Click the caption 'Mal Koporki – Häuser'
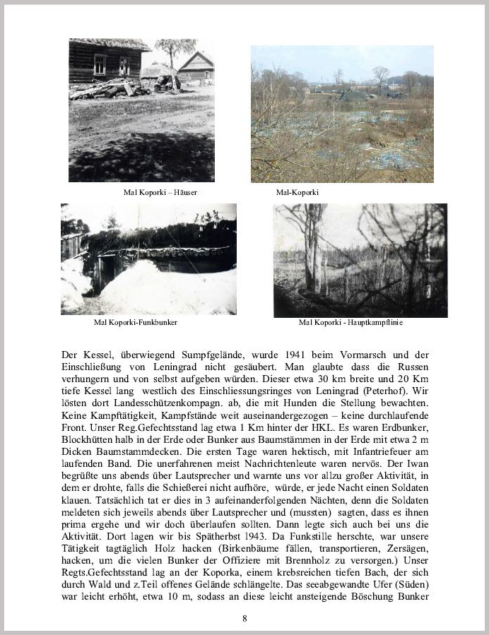point(160,192)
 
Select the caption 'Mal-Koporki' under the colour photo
point(297,192)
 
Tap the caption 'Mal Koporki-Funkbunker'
point(136,322)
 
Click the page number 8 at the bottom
point(245,619)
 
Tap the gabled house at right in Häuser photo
point(196,67)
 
